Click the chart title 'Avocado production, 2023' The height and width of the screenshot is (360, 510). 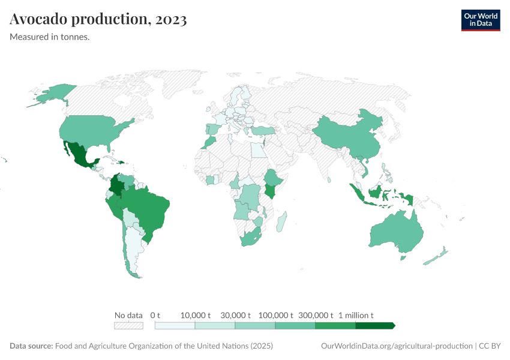pyautogui.click(x=98, y=20)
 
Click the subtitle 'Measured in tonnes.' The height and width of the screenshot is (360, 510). pyautogui.click(x=50, y=37)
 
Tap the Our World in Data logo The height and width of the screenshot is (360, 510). pyautogui.click(x=480, y=20)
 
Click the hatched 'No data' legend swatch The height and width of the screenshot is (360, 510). pyautogui.click(x=128, y=325)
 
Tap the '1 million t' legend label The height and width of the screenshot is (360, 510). pyautogui.click(x=356, y=315)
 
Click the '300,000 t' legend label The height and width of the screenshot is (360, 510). pyautogui.click(x=315, y=315)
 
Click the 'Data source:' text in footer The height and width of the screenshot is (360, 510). pyautogui.click(x=31, y=346)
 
